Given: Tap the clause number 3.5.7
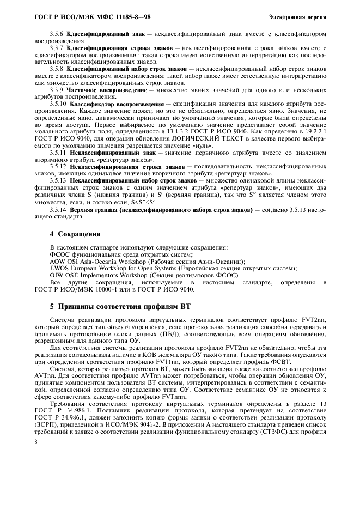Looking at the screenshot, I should point(57,48).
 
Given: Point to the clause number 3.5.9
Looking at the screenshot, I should point(57,89).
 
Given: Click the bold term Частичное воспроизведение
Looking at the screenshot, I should point(106,89).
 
